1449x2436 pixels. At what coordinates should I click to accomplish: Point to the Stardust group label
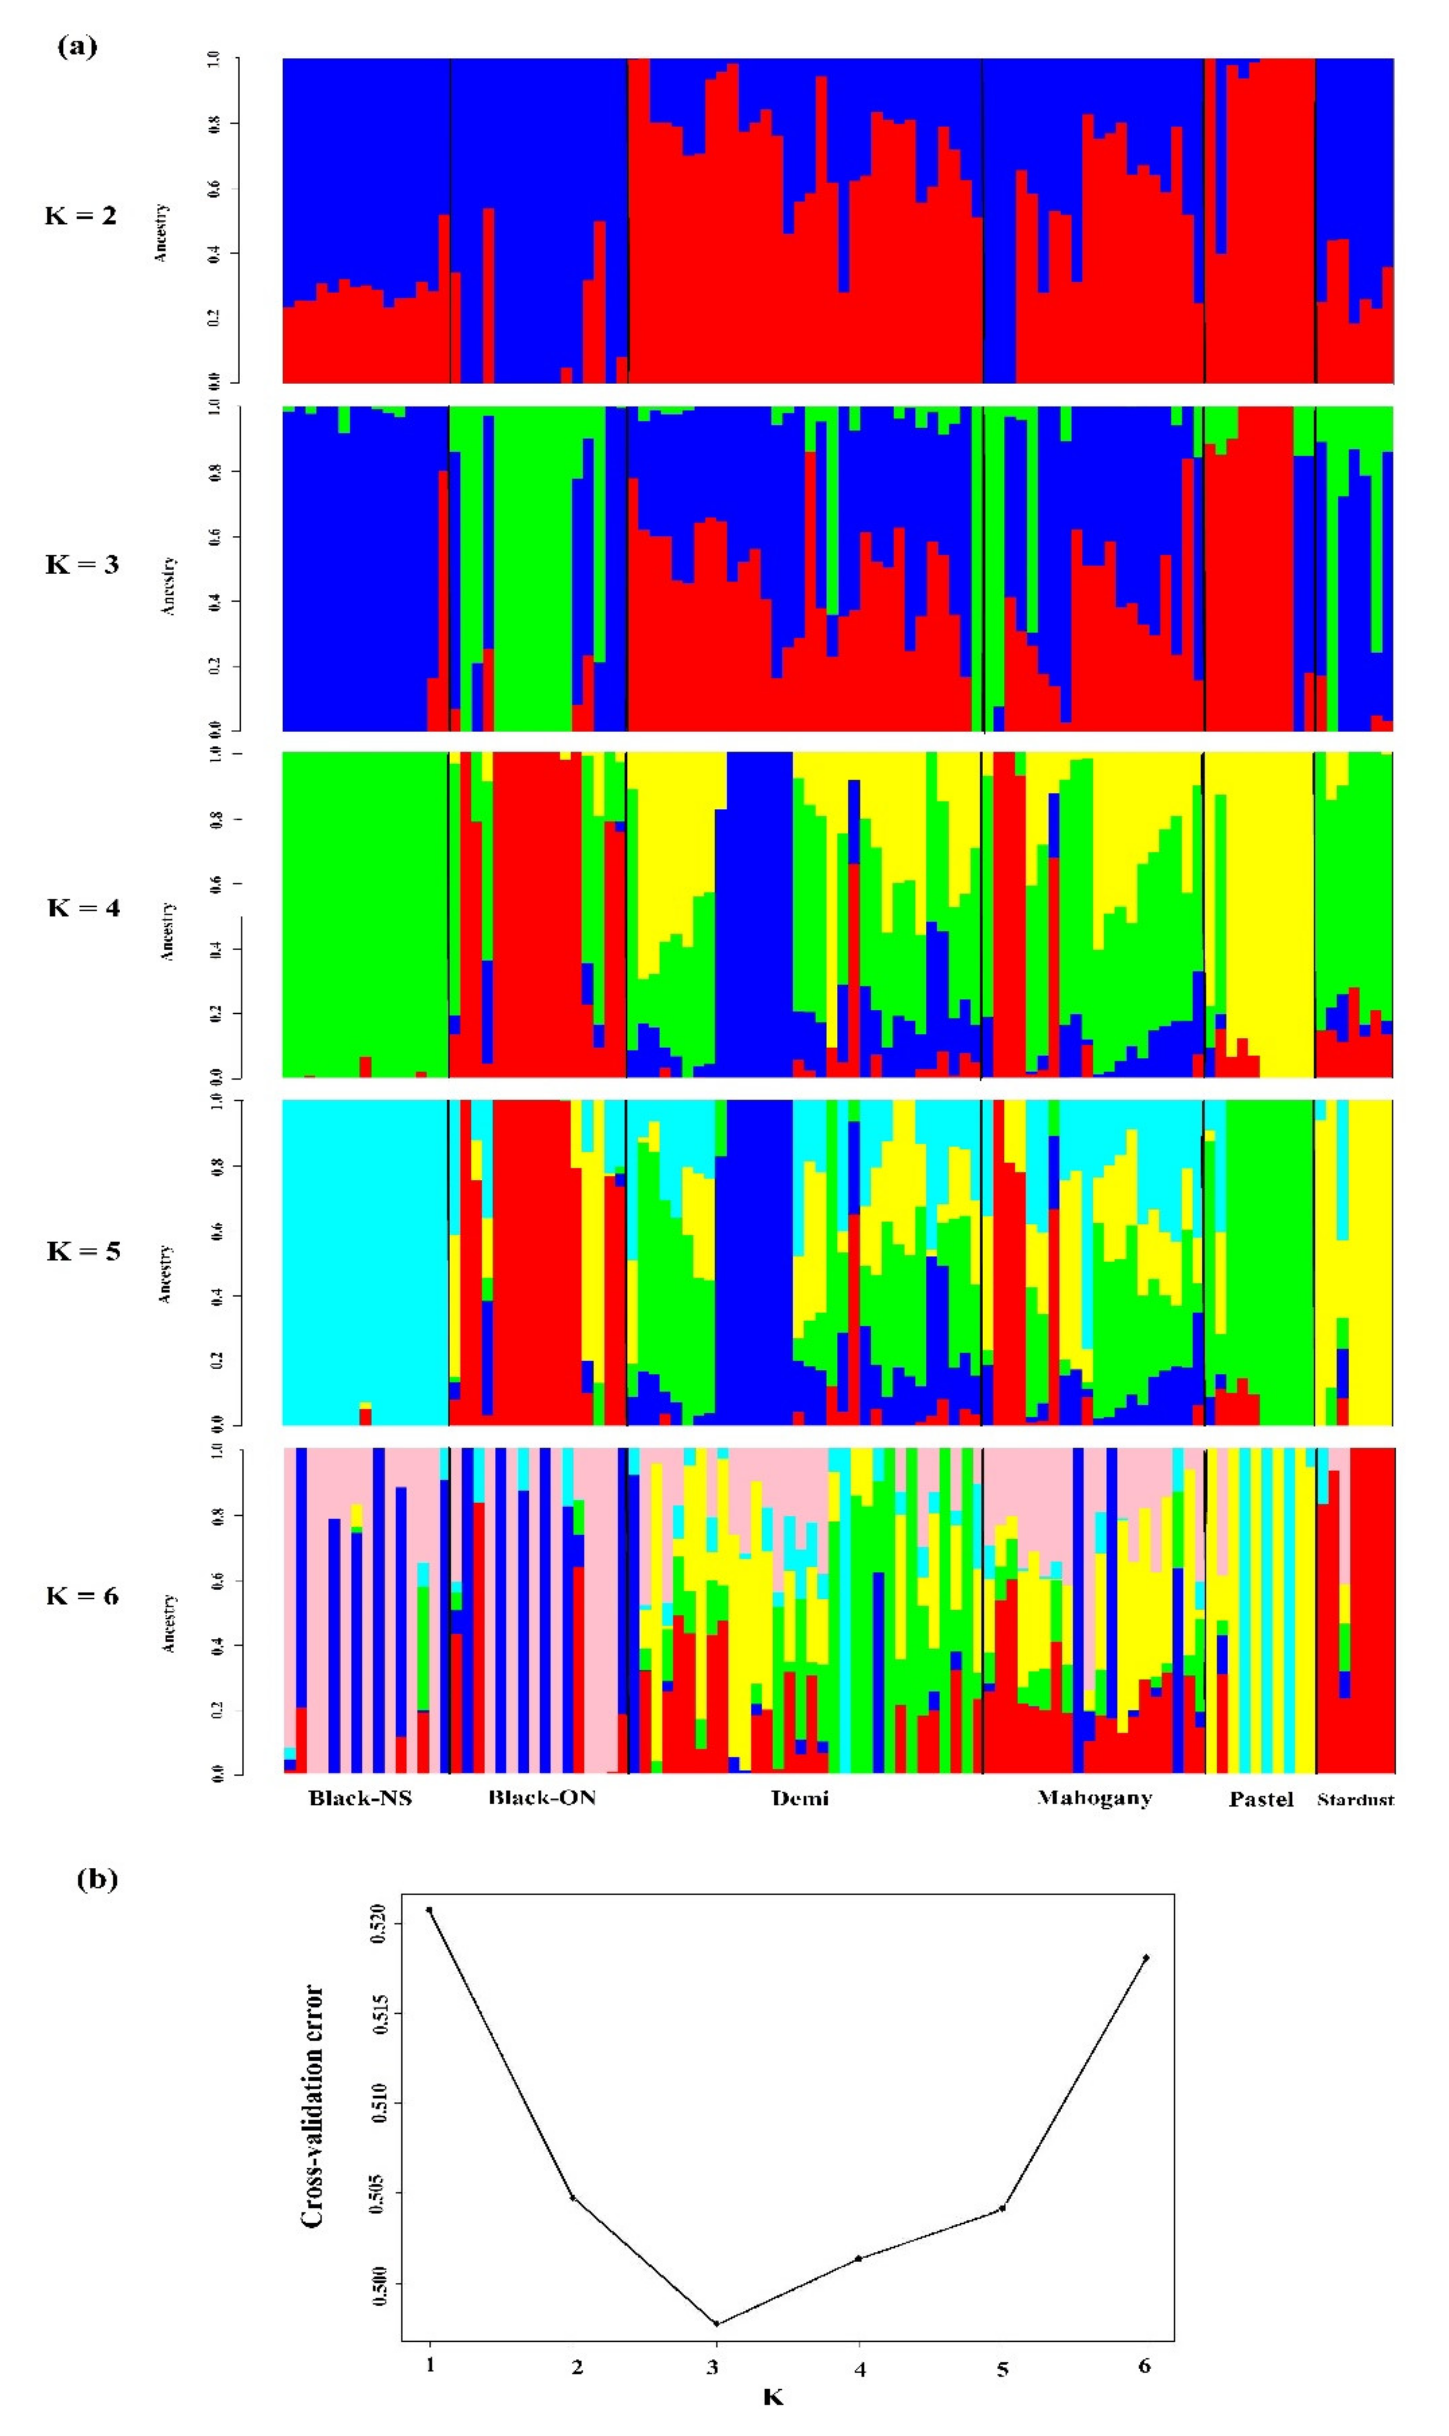[1355, 1799]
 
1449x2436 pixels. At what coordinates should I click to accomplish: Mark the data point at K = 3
[717, 2324]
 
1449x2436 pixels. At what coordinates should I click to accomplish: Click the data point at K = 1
[429, 1910]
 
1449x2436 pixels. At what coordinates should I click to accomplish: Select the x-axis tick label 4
[859, 2368]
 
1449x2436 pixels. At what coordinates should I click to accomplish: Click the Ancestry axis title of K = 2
[161, 232]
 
